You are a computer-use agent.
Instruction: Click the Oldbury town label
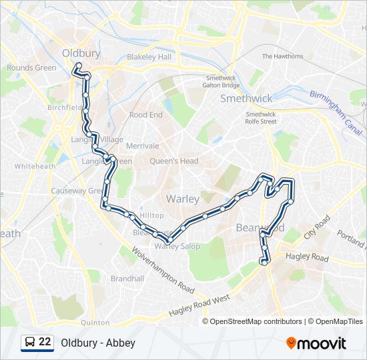81,53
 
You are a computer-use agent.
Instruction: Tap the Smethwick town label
246,99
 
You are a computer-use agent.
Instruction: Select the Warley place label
182,199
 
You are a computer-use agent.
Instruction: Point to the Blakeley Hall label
149,57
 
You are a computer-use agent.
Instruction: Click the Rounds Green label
31,67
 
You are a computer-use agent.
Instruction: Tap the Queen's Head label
173,161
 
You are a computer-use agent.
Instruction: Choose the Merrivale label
142,146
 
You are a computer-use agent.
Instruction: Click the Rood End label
145,115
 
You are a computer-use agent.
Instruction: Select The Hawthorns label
282,57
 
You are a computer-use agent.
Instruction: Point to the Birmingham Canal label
335,109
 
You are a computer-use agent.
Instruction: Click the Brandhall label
127,279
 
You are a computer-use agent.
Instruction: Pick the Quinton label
95,323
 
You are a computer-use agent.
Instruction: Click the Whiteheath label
35,166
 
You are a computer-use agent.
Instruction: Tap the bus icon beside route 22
30,343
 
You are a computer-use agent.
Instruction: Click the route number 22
45,343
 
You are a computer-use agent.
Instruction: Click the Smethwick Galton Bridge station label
222,81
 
